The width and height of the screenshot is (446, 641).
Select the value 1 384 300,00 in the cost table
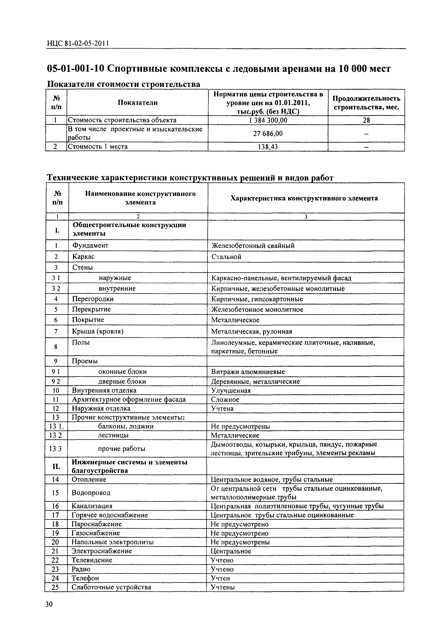[268, 120]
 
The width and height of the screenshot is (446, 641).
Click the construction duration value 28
[366, 120]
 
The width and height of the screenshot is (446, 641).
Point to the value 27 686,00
[268, 133]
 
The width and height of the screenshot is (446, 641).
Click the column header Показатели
[137, 103]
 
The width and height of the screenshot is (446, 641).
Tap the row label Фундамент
[90, 245]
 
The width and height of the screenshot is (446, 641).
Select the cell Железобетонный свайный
[253, 246]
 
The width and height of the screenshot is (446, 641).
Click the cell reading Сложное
[225, 400]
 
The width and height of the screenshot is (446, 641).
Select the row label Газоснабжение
[96, 533]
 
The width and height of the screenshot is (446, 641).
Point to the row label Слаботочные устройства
[111, 587]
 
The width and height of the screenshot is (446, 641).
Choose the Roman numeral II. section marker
[56, 466]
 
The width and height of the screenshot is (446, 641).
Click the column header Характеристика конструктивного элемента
[304, 198]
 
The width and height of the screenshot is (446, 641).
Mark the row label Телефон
[85, 578]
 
